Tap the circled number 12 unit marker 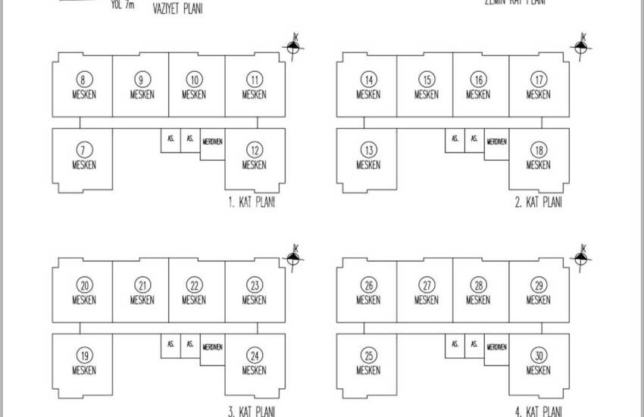pos(255,150)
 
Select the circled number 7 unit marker pos(85,150)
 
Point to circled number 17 pos(539,80)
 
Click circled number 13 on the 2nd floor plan pos(369,150)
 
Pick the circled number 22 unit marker pos(195,285)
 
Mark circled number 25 pos(369,356)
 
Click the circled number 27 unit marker pos(427,285)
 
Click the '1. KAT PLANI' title pos(251,204)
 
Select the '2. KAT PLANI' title pos(539,204)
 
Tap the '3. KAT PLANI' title pos(251,411)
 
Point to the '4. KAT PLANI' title pos(539,411)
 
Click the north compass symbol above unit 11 pos(293,47)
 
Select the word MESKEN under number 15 pos(427,95)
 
